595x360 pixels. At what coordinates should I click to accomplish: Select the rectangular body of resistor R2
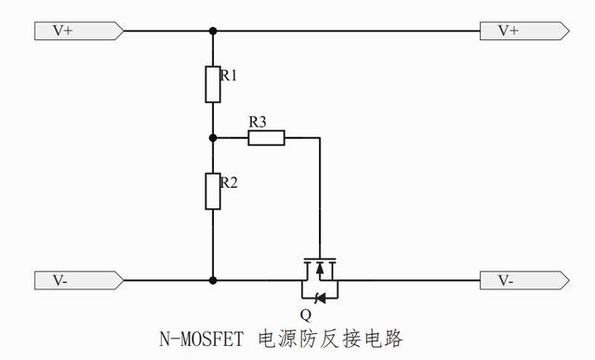213,191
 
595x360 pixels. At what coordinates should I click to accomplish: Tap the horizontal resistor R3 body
266,138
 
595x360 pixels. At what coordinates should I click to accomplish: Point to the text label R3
258,121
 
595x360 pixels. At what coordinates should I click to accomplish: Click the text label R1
229,75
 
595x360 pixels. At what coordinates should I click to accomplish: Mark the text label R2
229,182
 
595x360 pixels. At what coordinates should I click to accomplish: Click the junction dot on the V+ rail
213,31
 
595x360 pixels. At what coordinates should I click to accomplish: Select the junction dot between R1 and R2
213,138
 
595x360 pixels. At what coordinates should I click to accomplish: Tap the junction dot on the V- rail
213,279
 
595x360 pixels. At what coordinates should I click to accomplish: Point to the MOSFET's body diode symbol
320,298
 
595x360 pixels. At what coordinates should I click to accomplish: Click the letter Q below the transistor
306,314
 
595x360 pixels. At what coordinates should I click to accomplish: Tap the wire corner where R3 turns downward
320,138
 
